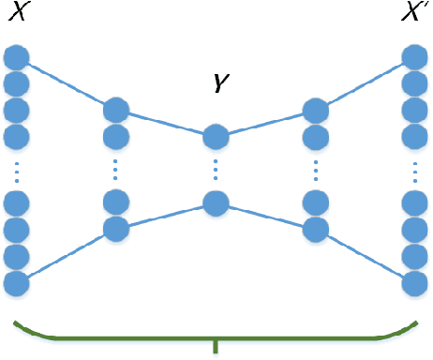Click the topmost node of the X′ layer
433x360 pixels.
pos(415,57)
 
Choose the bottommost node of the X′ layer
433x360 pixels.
pos(415,282)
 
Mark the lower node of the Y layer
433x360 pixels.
pos(216,202)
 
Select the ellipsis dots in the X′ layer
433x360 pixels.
pos(415,172)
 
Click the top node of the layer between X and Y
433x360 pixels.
pos(116,111)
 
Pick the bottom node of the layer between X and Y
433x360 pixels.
pos(116,229)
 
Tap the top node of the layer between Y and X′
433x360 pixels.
pos(316,111)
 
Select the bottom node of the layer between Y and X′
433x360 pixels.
pos(316,229)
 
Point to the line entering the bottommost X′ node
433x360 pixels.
pos(366,255)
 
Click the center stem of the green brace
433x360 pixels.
pos(216,348)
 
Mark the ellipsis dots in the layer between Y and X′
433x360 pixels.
pos(316,172)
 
